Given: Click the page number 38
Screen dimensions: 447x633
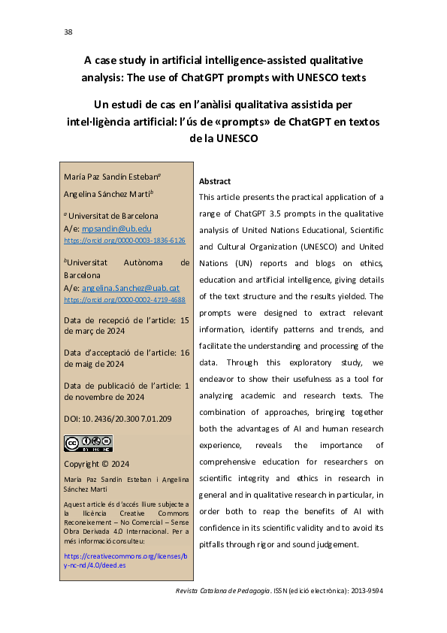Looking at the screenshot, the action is click(68, 32).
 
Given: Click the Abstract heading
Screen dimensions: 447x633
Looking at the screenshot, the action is click(214, 181).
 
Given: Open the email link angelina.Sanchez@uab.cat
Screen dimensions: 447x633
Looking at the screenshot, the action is click(130, 287).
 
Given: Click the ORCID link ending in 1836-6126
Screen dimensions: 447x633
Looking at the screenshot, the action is click(125, 241).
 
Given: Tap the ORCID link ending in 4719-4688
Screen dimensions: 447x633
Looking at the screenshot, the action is click(125, 299).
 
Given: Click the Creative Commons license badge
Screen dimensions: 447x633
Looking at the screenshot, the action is click(88, 443).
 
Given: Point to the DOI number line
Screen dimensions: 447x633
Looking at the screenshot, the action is click(118, 418).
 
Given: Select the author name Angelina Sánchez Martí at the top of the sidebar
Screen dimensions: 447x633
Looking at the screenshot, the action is click(109, 193).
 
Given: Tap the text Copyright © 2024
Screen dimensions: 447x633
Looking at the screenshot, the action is click(97, 464).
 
